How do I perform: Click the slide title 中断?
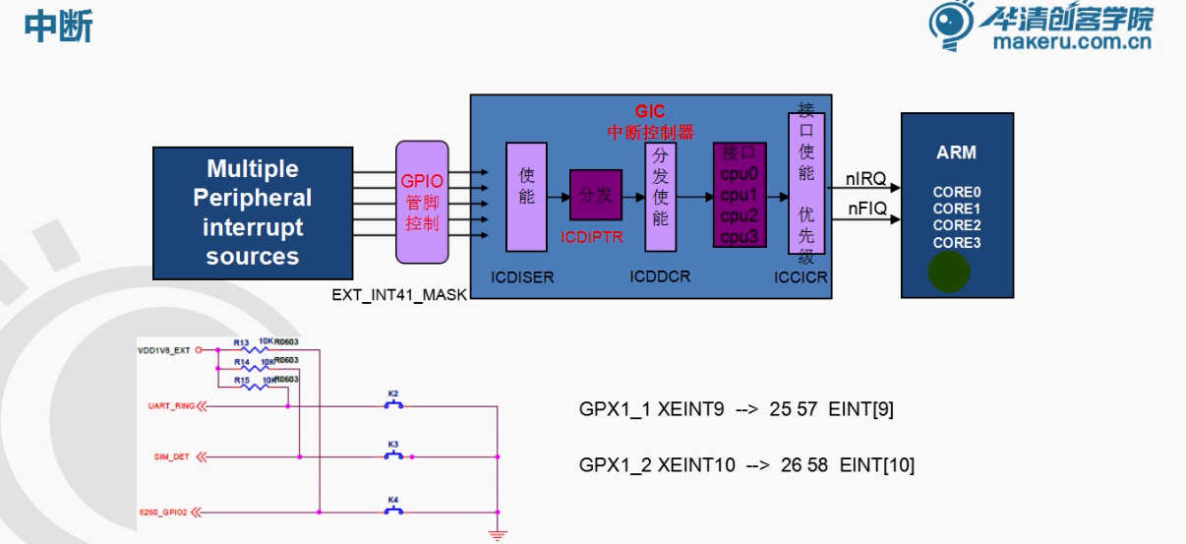point(58,27)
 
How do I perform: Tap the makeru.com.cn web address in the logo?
point(1071,42)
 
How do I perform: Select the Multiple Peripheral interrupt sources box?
point(253,212)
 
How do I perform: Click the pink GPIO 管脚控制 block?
point(422,203)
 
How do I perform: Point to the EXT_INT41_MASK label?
point(400,294)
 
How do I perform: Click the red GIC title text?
point(650,112)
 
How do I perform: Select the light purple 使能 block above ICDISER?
point(526,196)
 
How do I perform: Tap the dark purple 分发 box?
point(596,195)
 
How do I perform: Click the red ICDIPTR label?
point(592,237)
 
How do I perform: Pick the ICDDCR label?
point(660,277)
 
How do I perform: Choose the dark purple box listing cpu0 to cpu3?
point(739,195)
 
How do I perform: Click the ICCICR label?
point(801,278)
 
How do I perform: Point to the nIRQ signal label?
point(866,179)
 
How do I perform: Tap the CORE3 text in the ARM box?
point(957,242)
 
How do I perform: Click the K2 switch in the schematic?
point(393,402)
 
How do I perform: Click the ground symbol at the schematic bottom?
point(498,534)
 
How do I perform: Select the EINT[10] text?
point(877,465)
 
